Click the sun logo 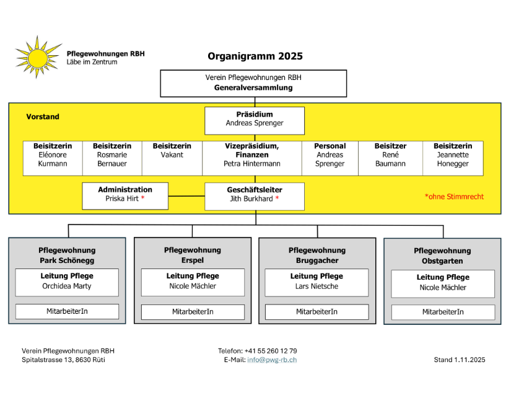[x=38, y=57]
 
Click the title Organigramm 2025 [x=255, y=56]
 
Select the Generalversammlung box [x=253, y=83]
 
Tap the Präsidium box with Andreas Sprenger [x=255, y=120]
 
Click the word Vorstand [x=43, y=117]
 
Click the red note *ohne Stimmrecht [x=454, y=197]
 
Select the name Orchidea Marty [x=67, y=286]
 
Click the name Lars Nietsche [x=317, y=286]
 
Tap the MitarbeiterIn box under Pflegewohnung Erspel [x=193, y=311]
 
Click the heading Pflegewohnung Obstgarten [x=442, y=255]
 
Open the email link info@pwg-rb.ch [x=272, y=360]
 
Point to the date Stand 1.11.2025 [x=460, y=360]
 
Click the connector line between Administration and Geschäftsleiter [x=186, y=196]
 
